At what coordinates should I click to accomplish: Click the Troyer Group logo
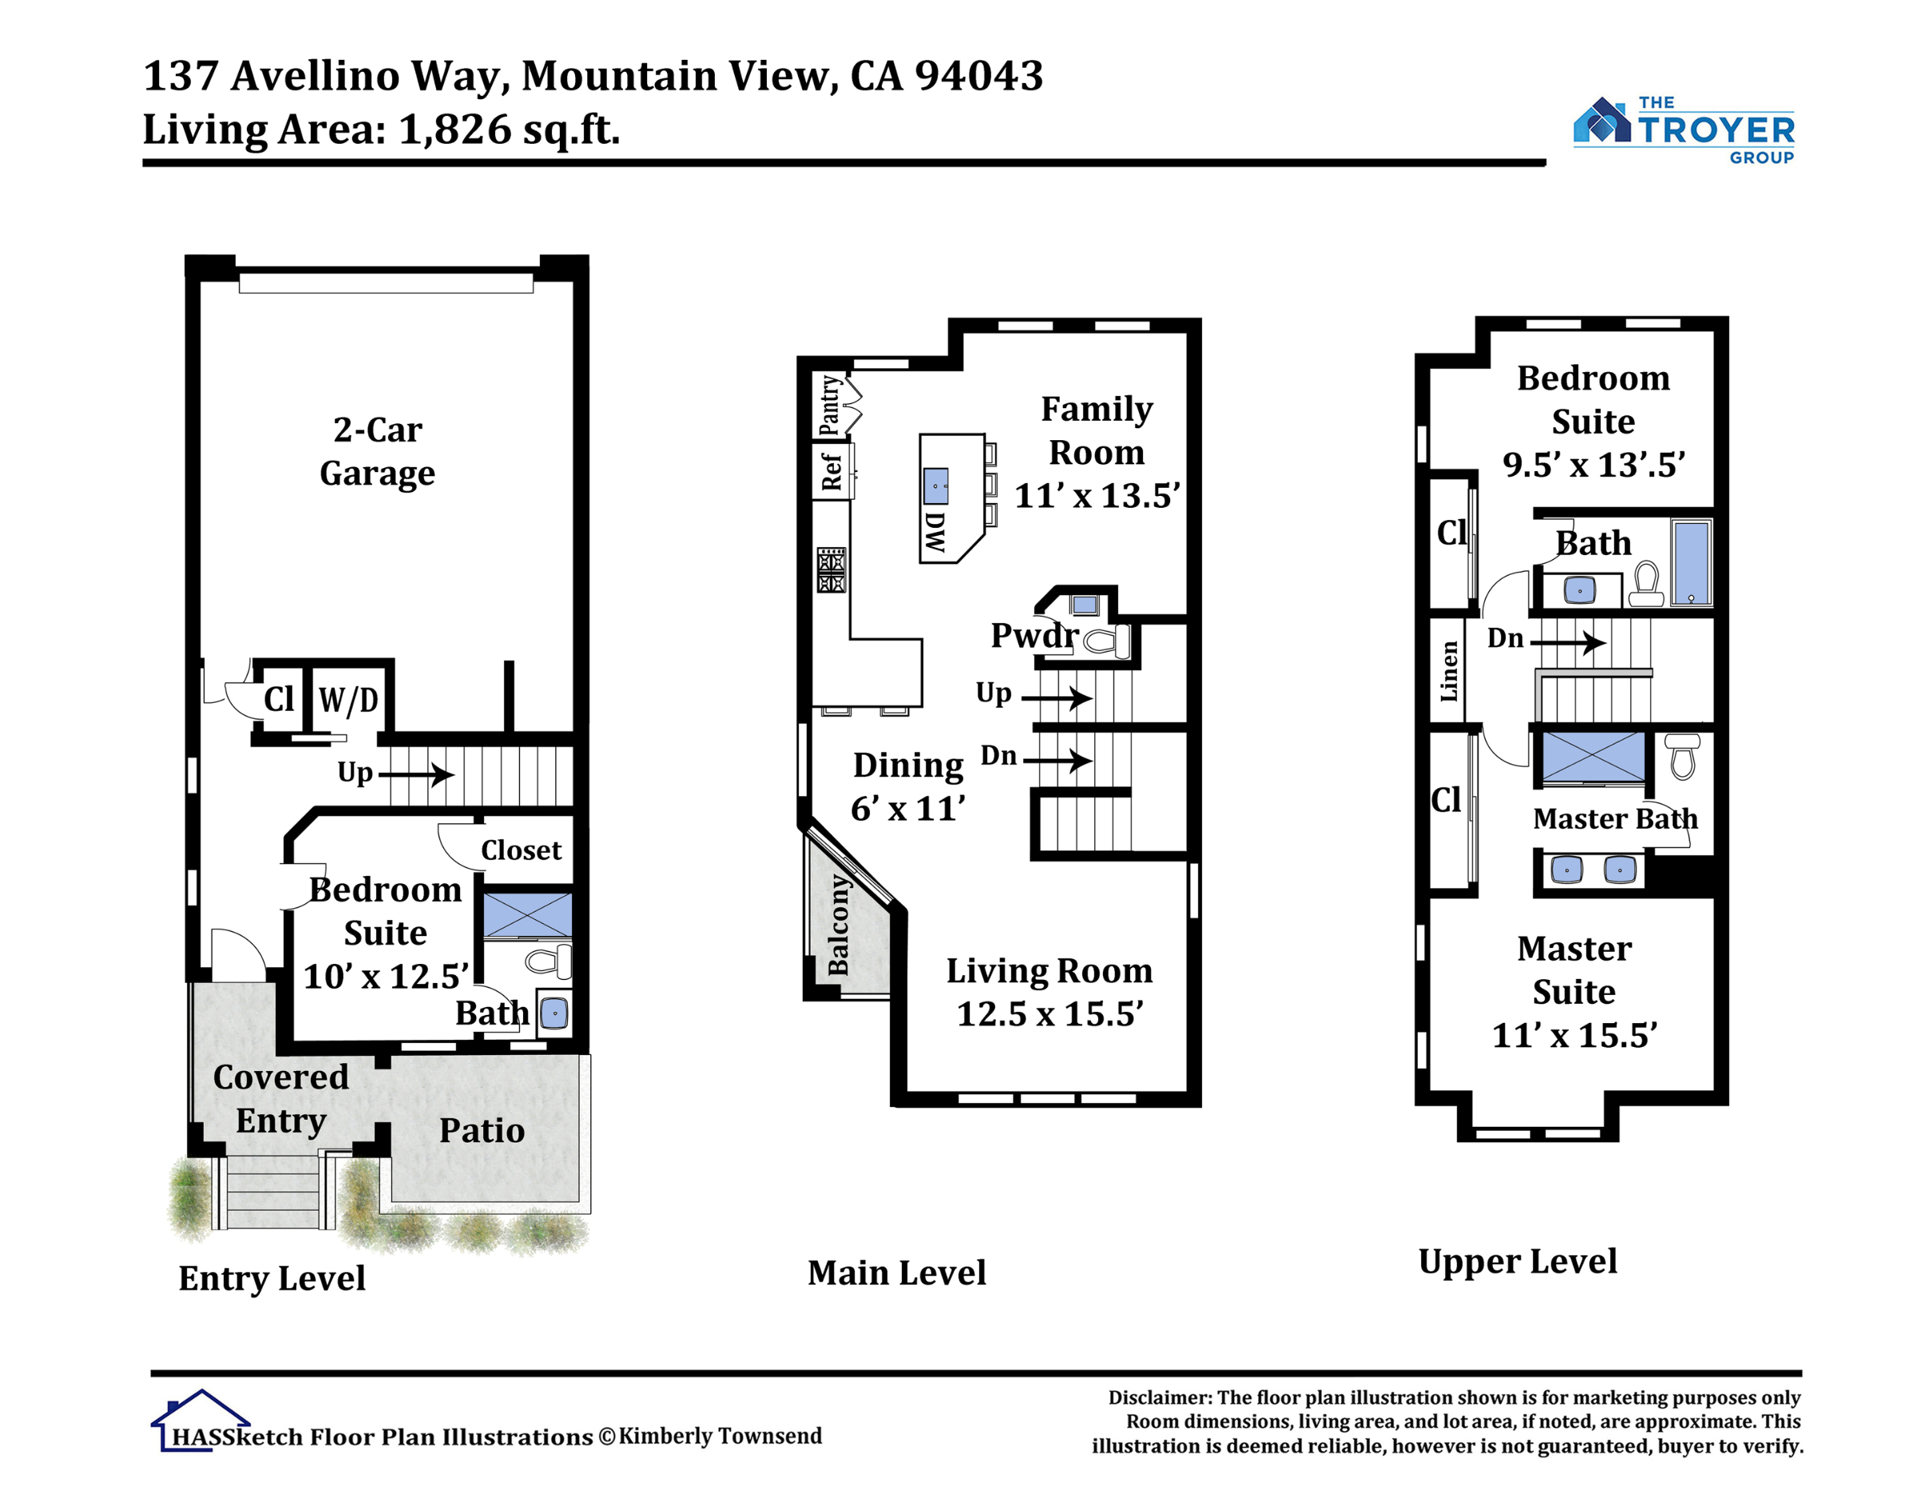1684,130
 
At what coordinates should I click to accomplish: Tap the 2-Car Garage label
378,451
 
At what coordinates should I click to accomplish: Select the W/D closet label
348,700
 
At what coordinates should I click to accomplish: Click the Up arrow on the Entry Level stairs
416,774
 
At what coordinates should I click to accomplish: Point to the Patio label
482,1130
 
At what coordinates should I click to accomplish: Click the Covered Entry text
281,1099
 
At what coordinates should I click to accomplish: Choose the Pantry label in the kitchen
829,406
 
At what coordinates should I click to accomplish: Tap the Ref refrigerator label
831,471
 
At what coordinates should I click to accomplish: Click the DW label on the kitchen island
935,532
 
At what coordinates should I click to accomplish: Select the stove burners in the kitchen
831,569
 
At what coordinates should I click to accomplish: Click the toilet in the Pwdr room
1107,640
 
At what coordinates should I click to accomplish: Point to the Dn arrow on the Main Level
1058,760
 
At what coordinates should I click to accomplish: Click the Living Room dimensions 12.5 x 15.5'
1050,1013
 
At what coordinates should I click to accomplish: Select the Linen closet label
1448,672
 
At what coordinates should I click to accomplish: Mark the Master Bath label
1615,819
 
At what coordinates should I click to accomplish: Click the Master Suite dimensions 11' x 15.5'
1574,1035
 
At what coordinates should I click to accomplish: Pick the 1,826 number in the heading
454,129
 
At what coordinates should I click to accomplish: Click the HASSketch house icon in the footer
200,1420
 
